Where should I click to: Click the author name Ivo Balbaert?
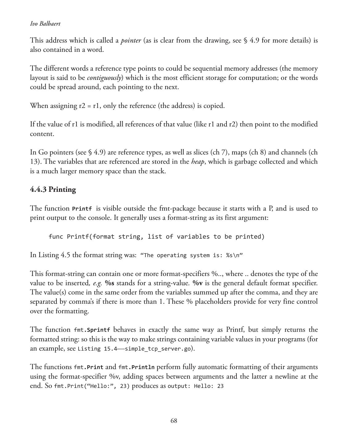(45, 24)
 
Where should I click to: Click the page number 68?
(174, 421)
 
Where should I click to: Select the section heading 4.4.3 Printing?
(53, 189)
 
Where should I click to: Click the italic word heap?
(198, 162)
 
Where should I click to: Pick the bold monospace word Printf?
(82, 209)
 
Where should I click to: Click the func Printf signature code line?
(157, 236)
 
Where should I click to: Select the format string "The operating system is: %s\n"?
(191, 255)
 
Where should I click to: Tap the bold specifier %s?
(109, 283)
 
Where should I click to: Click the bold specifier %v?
(198, 283)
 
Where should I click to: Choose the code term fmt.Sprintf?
(92, 330)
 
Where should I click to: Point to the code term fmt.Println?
(136, 367)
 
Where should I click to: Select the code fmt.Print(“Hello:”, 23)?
(92, 386)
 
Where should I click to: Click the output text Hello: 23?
(209, 386)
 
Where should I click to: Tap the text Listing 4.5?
(55, 255)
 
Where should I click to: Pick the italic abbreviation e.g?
(97, 283)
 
